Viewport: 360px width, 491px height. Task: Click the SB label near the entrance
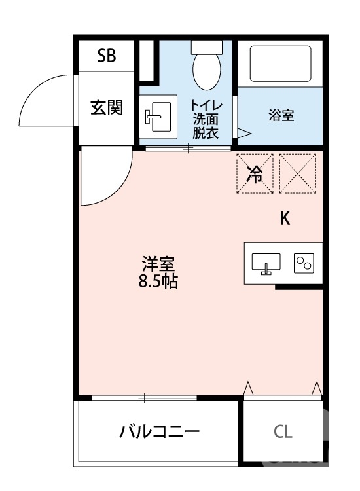pyautogui.click(x=107, y=56)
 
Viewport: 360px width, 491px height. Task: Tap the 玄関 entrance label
pyautogui.click(x=107, y=107)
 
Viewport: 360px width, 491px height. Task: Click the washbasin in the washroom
pyautogui.click(x=158, y=117)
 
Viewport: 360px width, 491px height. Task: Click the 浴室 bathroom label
pyautogui.click(x=281, y=116)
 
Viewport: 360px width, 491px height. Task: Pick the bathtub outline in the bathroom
pyautogui.click(x=280, y=64)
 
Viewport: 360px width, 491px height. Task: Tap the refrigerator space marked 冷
pyautogui.click(x=255, y=173)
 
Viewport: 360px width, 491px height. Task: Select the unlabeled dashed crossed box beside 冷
pyautogui.click(x=297, y=173)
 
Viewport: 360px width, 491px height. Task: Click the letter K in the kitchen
pyautogui.click(x=285, y=219)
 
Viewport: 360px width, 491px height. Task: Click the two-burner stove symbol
pyautogui.click(x=304, y=263)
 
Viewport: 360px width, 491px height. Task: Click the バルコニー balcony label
pyautogui.click(x=159, y=432)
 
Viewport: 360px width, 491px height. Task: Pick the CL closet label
pyautogui.click(x=283, y=432)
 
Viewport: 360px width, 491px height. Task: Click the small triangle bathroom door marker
pyautogui.click(x=243, y=133)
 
